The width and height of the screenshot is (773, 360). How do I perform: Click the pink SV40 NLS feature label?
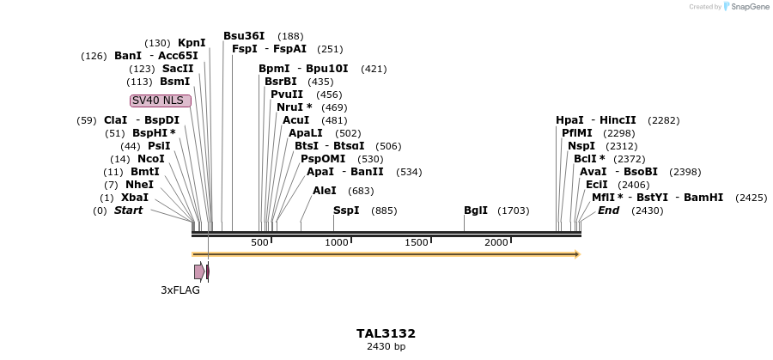tap(161, 101)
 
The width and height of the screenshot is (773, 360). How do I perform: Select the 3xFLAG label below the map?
tap(180, 290)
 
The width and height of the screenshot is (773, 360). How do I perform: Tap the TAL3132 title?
tap(386, 333)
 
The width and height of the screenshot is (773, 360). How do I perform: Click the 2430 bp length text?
tap(386, 347)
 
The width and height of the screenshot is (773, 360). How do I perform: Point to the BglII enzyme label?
tap(476, 211)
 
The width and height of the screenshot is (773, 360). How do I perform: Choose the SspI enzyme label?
tap(346, 211)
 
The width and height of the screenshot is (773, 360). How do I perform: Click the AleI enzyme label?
tap(325, 191)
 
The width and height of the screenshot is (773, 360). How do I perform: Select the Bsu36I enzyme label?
tap(244, 36)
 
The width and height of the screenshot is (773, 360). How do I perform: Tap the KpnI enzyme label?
tap(192, 43)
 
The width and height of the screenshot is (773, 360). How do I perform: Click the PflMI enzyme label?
tap(577, 133)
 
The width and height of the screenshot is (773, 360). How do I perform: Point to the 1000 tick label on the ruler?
tap(336, 243)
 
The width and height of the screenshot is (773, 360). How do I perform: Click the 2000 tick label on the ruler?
tap(496, 243)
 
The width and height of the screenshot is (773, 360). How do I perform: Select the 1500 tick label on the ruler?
tap(416, 243)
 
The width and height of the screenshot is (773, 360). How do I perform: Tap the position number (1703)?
tap(514, 211)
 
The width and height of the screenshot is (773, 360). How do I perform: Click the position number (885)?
tap(384, 211)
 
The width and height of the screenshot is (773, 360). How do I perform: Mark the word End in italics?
tap(608, 211)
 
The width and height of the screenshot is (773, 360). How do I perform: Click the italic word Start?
tap(129, 211)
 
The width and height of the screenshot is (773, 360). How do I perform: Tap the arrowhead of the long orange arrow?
tap(577, 254)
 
